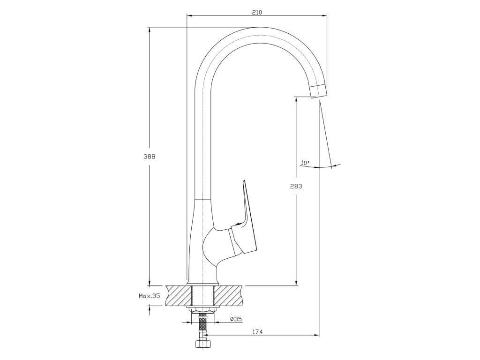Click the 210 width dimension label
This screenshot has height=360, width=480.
[x=256, y=12]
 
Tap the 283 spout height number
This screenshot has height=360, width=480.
[x=296, y=186]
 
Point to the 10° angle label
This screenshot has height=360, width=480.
[x=305, y=163]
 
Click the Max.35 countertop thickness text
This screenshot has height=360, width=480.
[x=149, y=296]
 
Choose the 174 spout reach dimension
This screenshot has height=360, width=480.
[x=257, y=332]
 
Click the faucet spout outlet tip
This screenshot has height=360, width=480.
[x=317, y=91]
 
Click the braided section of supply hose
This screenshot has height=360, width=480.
[x=203, y=326]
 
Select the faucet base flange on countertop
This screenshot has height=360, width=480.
[x=202, y=284]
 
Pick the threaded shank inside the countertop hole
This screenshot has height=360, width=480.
[x=203, y=296]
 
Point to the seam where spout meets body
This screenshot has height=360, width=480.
[x=203, y=199]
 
